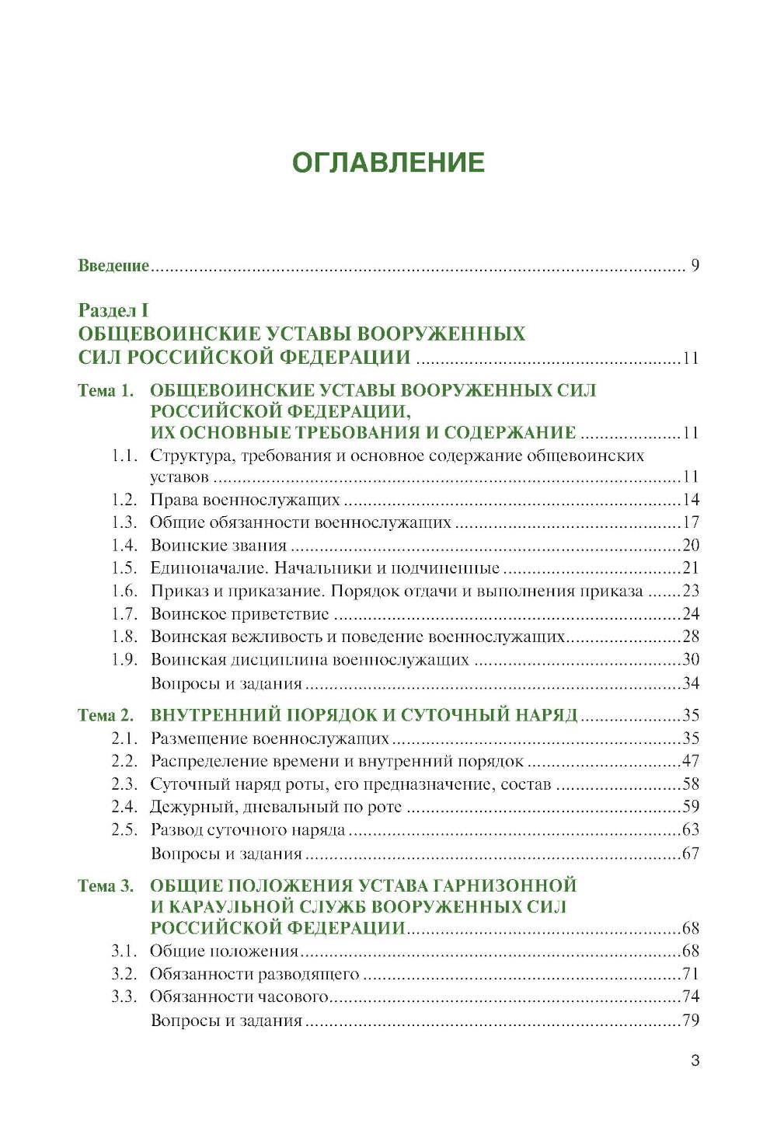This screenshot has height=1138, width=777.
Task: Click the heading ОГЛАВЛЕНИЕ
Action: click(388, 162)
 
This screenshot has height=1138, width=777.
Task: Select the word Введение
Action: click(113, 266)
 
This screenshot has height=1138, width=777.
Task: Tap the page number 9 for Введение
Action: click(695, 266)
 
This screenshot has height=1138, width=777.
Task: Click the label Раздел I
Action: click(113, 311)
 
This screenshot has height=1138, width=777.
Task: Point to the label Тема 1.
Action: click(106, 391)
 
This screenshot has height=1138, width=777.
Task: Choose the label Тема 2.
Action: click(106, 716)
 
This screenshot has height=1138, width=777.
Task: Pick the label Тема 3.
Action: click(106, 886)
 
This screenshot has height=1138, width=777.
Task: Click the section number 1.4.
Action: click(124, 546)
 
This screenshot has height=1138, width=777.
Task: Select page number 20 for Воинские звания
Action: click(691, 546)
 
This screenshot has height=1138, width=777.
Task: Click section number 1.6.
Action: click(124, 592)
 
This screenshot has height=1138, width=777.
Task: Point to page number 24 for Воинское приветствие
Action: click(691, 614)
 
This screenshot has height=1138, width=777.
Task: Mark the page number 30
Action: click(691, 660)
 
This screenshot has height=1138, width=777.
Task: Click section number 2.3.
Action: click(124, 784)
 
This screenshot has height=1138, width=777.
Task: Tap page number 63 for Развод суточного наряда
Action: click(691, 830)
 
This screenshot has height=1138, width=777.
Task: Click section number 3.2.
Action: click(124, 974)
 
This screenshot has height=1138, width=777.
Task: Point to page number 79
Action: click(691, 1021)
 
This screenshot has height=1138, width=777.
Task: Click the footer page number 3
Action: click(695, 1060)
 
